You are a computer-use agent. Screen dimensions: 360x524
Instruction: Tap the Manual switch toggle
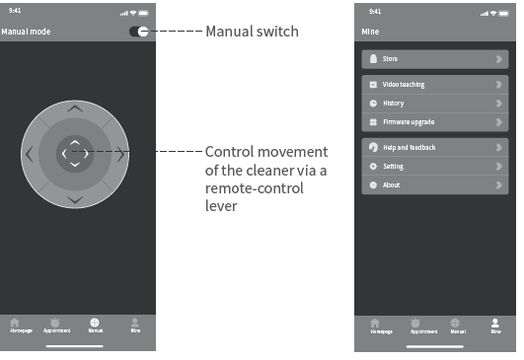[139, 32]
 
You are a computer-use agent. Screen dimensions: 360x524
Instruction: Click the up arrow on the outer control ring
[75, 108]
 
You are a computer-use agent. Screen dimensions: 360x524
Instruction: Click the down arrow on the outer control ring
[75, 199]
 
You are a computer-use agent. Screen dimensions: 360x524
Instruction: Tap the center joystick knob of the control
[75, 153]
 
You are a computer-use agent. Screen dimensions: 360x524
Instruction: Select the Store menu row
[435, 59]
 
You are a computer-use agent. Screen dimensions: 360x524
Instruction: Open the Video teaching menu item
[435, 85]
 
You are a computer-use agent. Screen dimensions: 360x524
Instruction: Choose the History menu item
[435, 103]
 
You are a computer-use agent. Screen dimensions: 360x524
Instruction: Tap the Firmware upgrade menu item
[435, 121]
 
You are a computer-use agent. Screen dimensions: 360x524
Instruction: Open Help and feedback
[435, 147]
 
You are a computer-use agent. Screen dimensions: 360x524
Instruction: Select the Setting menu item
[435, 166]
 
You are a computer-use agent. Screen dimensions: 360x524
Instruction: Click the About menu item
[435, 184]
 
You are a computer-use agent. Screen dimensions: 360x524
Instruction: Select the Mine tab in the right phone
[495, 325]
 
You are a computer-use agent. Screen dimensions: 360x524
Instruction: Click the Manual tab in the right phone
[456, 325]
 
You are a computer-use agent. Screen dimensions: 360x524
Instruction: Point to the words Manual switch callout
[252, 32]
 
